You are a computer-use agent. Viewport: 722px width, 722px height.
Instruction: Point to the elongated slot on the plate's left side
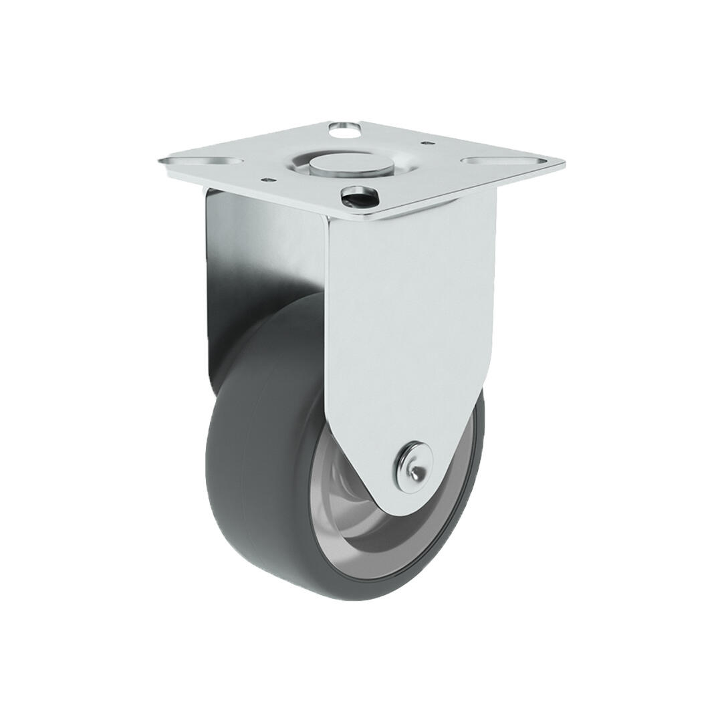(212, 162)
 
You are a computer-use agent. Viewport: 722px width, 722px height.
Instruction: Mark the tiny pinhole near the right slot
(424, 142)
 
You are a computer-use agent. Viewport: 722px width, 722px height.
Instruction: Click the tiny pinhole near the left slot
(267, 179)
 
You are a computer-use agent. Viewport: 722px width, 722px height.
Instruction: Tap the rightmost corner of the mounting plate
(563, 162)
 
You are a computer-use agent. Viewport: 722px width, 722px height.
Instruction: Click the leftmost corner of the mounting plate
(161, 161)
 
